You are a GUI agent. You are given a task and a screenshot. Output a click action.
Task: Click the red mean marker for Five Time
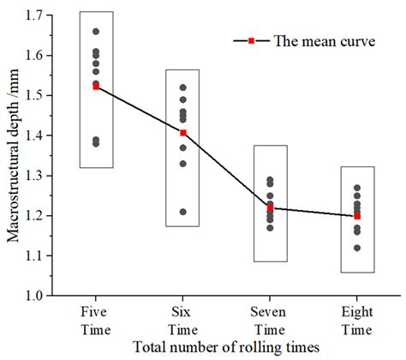coord(95,87)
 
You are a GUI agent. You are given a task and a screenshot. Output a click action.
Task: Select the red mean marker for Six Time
coord(182,133)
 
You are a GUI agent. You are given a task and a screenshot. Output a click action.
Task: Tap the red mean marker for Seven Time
coord(270,208)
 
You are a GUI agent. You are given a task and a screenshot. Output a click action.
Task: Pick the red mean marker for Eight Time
coord(356,216)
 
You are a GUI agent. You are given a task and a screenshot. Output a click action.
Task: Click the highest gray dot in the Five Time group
coord(95,32)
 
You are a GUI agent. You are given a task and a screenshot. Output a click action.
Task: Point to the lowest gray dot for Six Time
coord(182,212)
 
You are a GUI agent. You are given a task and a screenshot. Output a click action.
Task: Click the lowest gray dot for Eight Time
coord(356,248)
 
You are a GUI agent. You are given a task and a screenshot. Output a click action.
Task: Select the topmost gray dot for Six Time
coord(182,87)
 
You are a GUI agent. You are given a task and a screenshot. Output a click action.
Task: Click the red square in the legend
coord(252,40)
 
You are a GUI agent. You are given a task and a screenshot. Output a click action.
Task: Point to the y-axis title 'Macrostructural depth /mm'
coord(13,154)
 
